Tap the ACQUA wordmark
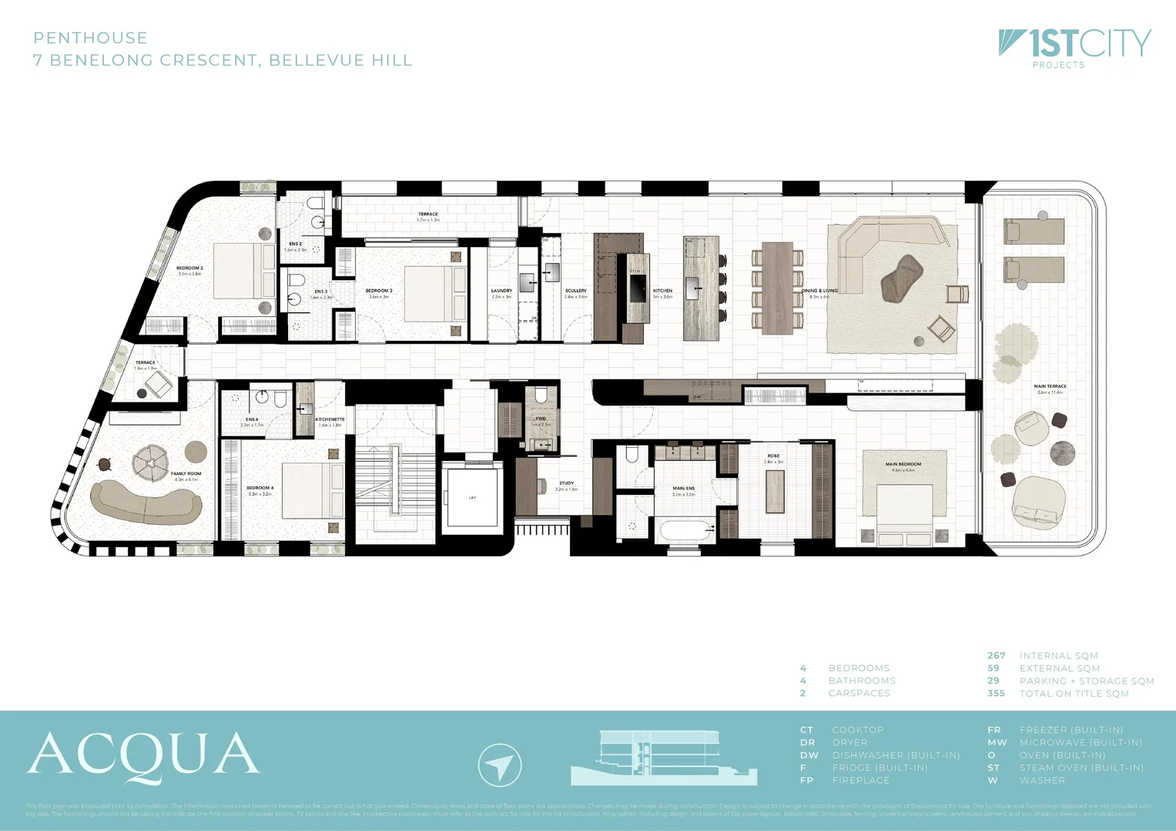pyautogui.click(x=144, y=756)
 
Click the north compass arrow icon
pyautogui.click(x=500, y=765)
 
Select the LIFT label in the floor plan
pyautogui.click(x=472, y=498)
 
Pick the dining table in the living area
pyautogui.click(x=778, y=288)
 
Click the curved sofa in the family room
pyautogui.click(x=146, y=502)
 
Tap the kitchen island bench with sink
pyautogui.click(x=700, y=288)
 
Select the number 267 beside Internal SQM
pyautogui.click(x=996, y=656)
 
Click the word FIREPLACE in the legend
pyautogui.click(x=860, y=780)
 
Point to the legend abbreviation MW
pyautogui.click(x=997, y=743)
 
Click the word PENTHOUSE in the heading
pyautogui.click(x=90, y=38)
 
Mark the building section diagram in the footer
pyautogui.click(x=662, y=758)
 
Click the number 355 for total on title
pyautogui.click(x=996, y=693)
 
